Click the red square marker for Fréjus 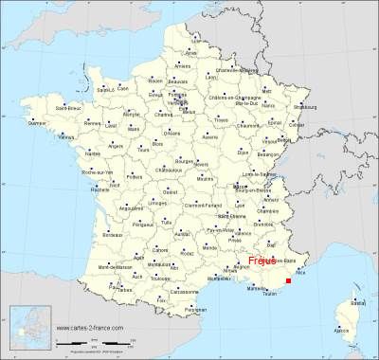[x=287, y=279]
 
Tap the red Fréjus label [x=262, y=260]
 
